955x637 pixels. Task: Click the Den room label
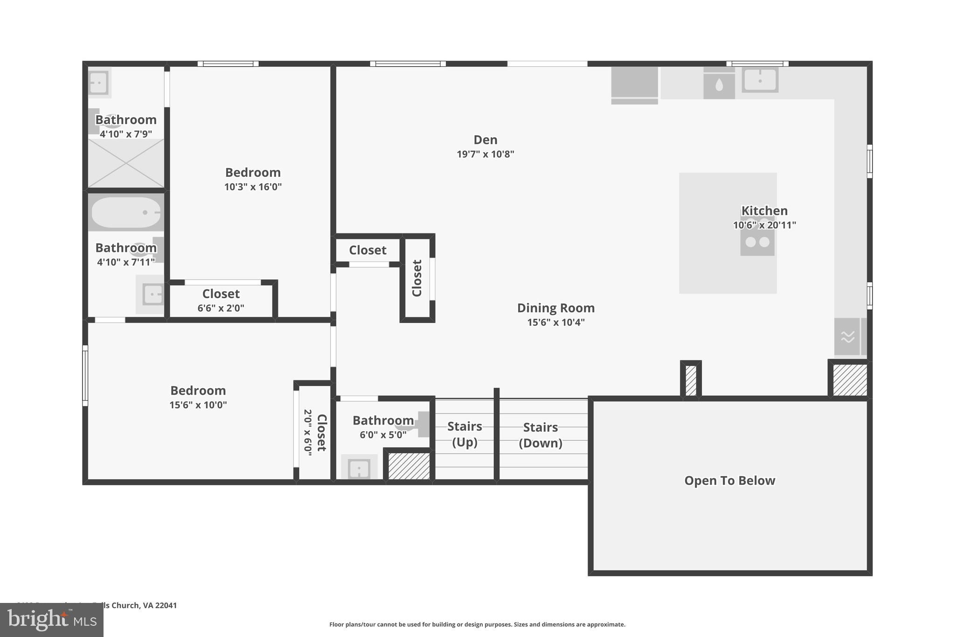click(485, 140)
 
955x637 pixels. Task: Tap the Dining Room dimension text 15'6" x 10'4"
click(555, 322)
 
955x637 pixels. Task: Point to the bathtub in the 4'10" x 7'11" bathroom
click(126, 212)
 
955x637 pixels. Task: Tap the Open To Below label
click(729, 481)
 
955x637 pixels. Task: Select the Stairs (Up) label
click(464, 434)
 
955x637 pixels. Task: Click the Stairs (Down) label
click(540, 435)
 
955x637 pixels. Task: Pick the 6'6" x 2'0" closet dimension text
click(221, 308)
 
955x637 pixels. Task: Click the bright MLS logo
click(51, 620)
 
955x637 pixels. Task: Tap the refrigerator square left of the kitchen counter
click(634, 83)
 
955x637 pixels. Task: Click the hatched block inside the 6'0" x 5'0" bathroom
click(408, 465)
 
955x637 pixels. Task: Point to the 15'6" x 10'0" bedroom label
click(198, 391)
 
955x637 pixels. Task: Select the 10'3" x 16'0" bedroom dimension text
click(253, 187)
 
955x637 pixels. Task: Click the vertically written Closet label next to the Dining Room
click(417, 278)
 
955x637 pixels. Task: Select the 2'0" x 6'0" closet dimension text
click(308, 432)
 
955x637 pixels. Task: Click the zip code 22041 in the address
click(166, 605)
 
